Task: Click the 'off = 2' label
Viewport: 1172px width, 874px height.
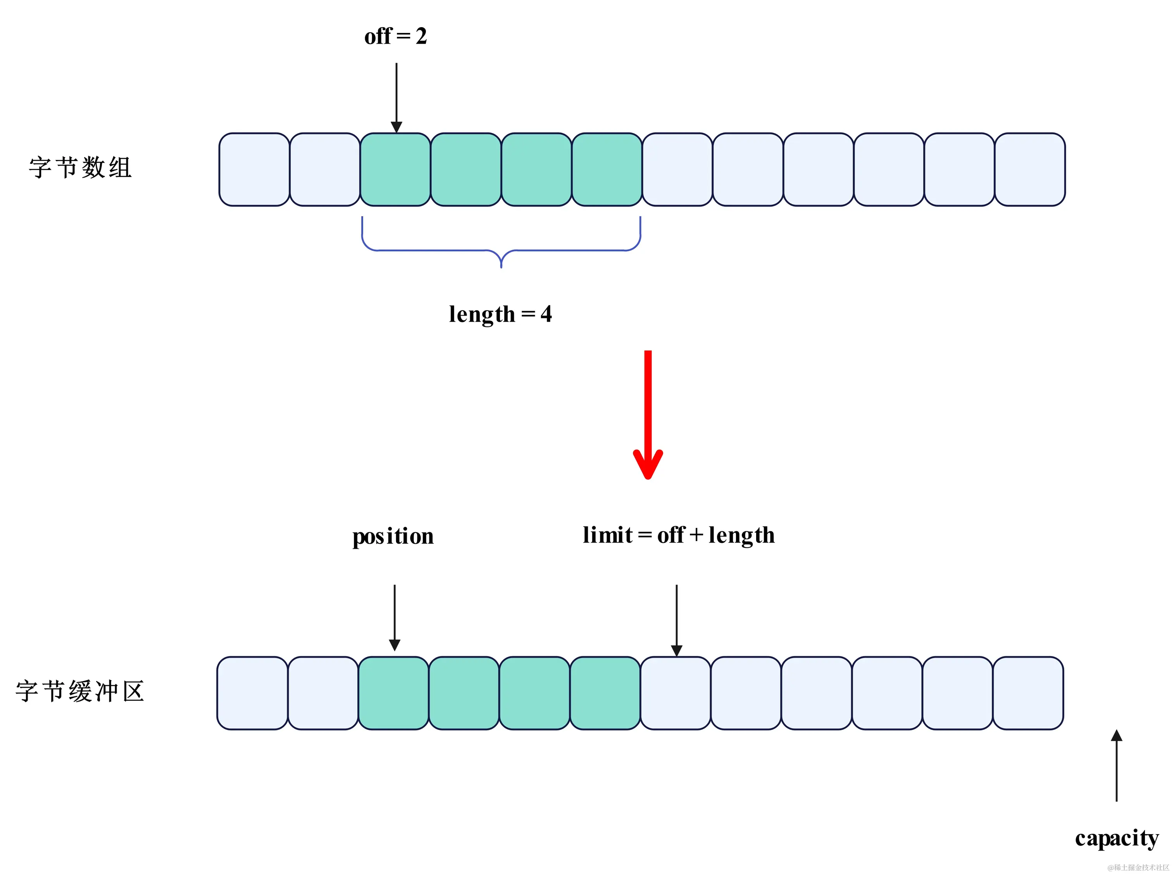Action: click(x=395, y=36)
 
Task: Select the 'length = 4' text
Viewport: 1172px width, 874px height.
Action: click(x=500, y=314)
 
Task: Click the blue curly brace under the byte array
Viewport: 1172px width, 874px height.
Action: click(x=501, y=249)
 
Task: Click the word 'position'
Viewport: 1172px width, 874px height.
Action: click(x=393, y=536)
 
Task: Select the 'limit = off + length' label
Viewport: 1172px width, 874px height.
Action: click(x=679, y=536)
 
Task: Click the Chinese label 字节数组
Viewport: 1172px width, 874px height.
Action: click(x=80, y=168)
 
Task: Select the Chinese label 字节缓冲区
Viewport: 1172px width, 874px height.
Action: click(x=80, y=692)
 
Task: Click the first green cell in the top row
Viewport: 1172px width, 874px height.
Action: click(x=395, y=169)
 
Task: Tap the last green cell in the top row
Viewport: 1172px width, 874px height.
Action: click(x=606, y=169)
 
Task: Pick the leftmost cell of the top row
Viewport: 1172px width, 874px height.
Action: click(x=254, y=169)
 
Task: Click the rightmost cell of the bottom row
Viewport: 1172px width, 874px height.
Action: click(x=1027, y=693)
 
